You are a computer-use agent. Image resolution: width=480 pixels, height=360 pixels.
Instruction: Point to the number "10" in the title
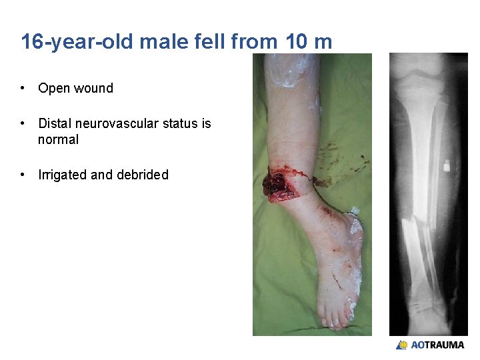(297, 42)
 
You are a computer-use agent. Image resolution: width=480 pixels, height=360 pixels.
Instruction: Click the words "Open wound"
(75, 88)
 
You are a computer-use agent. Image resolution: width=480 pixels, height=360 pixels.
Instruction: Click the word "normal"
(58, 139)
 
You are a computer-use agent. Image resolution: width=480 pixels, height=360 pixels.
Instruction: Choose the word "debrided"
(143, 175)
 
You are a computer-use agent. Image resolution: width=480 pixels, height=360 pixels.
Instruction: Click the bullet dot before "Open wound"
(23, 88)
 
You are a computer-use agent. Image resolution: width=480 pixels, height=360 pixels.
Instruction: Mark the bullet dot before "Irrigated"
(23, 175)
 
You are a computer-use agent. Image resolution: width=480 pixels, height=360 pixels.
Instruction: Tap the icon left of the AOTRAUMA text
(401, 345)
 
